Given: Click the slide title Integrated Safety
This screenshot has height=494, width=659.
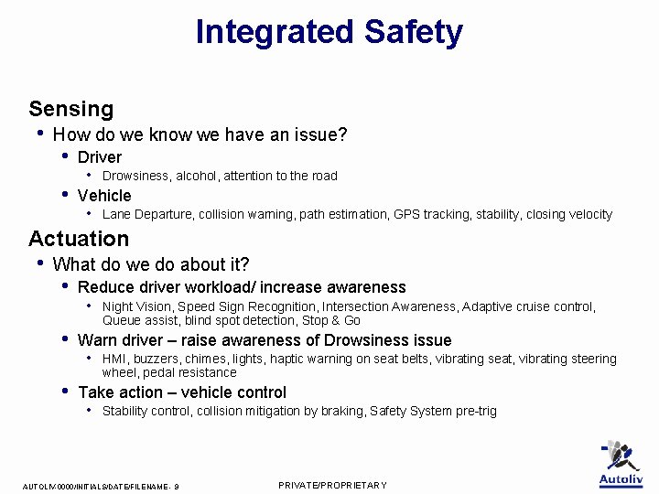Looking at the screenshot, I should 329,32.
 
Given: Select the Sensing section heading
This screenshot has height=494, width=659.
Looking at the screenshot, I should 71,109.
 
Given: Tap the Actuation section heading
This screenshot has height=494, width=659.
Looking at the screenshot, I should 79,239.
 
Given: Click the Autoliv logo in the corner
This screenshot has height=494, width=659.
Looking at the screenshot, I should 621,464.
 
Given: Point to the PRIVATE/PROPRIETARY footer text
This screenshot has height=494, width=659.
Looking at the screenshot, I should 332,485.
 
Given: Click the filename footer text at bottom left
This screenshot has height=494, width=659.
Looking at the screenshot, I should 101,486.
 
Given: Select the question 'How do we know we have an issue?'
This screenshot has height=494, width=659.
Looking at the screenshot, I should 200,135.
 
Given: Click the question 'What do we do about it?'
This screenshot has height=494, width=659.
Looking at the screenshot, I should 151,264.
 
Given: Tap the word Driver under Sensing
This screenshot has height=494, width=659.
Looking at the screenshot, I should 100,157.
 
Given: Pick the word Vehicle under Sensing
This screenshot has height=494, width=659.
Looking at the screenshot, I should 104,196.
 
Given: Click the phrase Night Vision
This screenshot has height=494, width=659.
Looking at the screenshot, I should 136,306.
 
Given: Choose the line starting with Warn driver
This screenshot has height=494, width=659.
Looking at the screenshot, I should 265,340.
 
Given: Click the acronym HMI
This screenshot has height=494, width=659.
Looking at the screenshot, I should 114,360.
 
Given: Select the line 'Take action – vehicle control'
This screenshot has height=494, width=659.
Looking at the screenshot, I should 182,392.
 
